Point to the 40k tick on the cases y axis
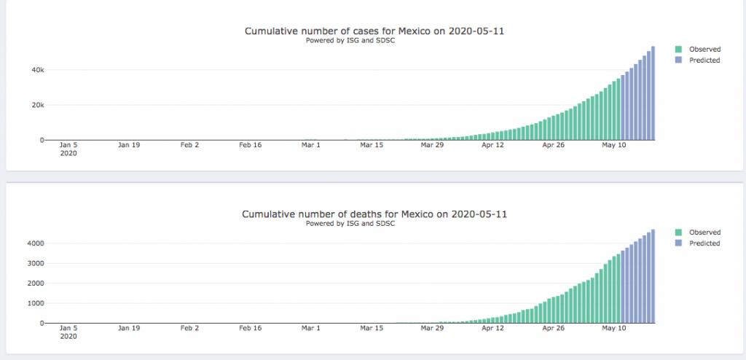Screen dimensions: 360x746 click(37, 70)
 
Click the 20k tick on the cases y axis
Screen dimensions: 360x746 click(37, 105)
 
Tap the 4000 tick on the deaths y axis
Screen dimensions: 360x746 click(35, 243)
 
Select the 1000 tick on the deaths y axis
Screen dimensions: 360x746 click(35, 303)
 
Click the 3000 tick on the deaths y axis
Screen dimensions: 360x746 click(35, 263)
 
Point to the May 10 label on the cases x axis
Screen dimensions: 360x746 click(613, 145)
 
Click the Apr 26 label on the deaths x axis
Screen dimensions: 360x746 click(553, 328)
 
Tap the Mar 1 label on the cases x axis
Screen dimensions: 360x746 click(311, 145)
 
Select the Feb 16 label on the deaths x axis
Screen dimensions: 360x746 click(251, 328)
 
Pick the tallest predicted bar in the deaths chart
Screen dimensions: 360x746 click(653, 277)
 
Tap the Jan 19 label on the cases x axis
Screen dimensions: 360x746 click(129, 145)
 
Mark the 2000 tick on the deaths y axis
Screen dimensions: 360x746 click(35, 283)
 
